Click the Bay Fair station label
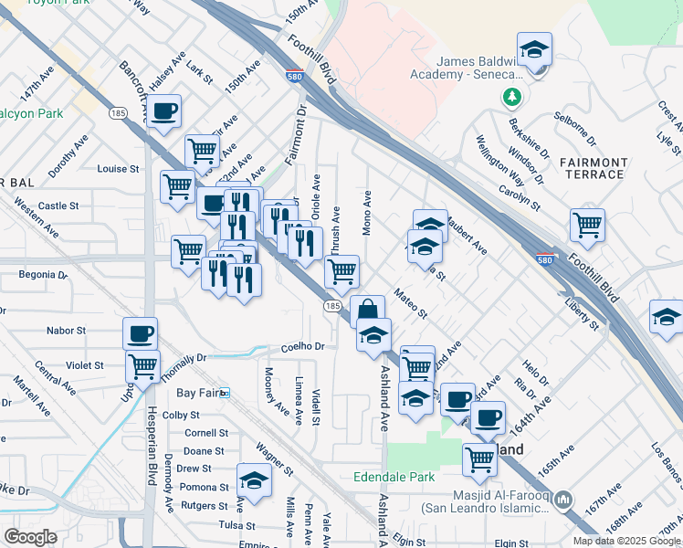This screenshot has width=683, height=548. [x=198, y=393]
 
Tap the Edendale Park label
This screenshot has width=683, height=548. [x=394, y=477]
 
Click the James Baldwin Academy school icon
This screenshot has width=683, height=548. [x=534, y=50]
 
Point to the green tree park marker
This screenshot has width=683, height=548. [x=513, y=96]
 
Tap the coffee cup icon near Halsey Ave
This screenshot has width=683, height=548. [x=164, y=111]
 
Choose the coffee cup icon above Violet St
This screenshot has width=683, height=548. [x=141, y=333]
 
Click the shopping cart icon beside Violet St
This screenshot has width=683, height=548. [x=143, y=367]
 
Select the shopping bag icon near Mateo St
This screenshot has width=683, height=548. [x=367, y=311]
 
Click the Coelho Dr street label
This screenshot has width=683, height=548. [x=303, y=347]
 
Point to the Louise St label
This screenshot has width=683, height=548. [x=118, y=169]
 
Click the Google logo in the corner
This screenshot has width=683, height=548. [x=31, y=537]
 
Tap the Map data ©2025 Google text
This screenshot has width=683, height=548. [x=625, y=541]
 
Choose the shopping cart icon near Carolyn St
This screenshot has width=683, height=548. [x=587, y=225]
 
